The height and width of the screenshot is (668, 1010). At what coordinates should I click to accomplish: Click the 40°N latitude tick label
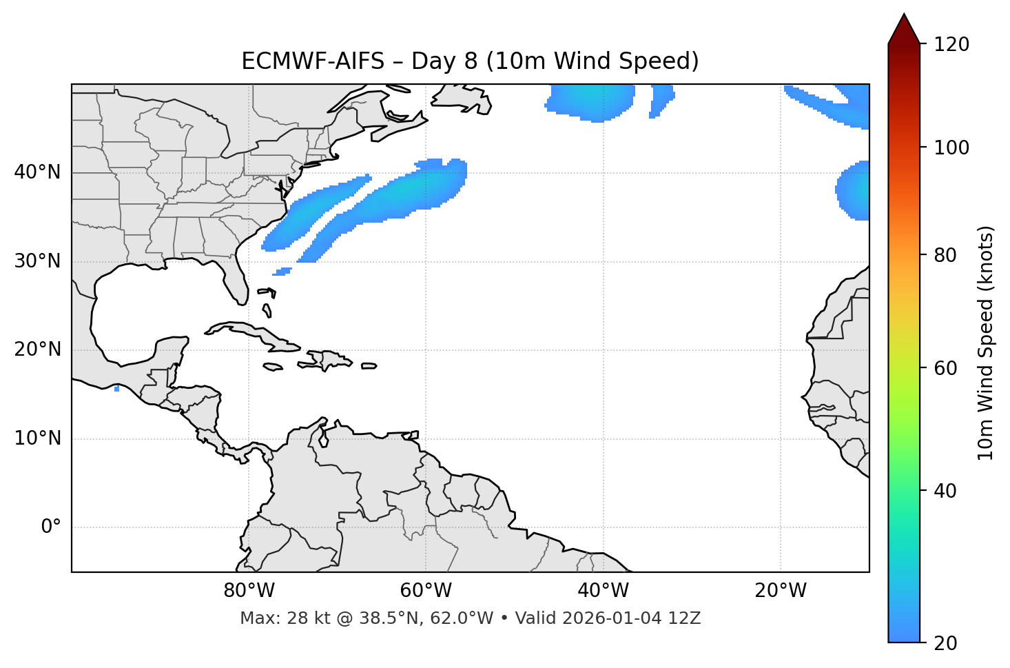pos(37,172)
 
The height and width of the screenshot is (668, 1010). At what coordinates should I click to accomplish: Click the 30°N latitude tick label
pos(37,261)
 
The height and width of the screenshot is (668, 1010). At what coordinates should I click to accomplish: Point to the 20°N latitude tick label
pos(37,350)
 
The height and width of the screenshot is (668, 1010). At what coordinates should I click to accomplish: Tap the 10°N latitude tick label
pos(37,438)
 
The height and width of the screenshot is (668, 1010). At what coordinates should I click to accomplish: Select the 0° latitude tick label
pos(51,527)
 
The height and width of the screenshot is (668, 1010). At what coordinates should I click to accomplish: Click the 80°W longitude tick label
pos(249,591)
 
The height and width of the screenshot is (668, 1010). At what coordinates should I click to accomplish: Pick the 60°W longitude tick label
pos(426,591)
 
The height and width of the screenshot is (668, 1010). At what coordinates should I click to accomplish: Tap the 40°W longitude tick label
pos(603,591)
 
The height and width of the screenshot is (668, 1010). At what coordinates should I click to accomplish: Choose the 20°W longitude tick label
pos(780,591)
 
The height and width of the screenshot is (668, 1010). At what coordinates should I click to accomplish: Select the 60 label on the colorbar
pos(944,368)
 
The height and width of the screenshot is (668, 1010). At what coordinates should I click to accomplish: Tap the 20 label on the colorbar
pos(944,643)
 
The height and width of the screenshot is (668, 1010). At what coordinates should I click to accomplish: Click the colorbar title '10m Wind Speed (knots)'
pos(986,343)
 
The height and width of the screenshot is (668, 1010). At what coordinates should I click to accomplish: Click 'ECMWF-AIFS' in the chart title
pos(313,61)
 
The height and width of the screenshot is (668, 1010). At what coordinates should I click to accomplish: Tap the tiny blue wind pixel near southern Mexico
pos(117,389)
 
